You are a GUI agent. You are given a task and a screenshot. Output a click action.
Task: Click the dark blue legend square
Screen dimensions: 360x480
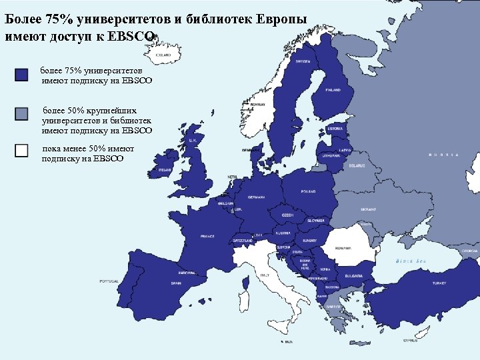pyautogui.click(x=21, y=75)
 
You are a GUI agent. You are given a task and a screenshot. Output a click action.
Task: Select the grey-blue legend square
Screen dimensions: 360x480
pyautogui.click(x=21, y=113)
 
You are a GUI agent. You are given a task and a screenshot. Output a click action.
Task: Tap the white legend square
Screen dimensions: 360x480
pyautogui.click(x=21, y=151)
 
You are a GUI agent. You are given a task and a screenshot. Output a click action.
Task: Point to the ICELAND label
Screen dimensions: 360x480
pyautogui.click(x=163, y=55)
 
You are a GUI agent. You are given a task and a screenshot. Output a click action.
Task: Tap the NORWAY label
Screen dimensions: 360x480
pyautogui.click(x=258, y=104)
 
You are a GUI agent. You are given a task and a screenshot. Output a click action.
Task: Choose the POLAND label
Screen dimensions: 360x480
pyautogui.click(x=308, y=191)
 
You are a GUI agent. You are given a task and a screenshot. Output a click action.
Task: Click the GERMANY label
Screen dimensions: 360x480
pyautogui.click(x=256, y=197)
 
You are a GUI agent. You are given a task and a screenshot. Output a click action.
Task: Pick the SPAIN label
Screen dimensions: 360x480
pyautogui.click(x=176, y=283)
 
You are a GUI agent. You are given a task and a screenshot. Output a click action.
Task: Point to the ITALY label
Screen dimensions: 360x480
pyautogui.click(x=265, y=274)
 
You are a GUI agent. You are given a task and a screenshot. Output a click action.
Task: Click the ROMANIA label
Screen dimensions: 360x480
pyautogui.click(x=343, y=247)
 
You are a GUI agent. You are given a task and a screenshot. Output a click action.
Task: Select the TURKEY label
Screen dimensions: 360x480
pyautogui.click(x=439, y=283)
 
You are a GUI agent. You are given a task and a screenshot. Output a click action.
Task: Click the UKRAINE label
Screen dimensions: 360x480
pyautogui.click(x=369, y=209)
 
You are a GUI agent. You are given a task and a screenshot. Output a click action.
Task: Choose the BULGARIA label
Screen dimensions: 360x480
pyautogui.click(x=354, y=275)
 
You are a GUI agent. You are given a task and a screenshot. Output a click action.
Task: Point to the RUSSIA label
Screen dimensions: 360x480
pyautogui.click(x=443, y=154)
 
